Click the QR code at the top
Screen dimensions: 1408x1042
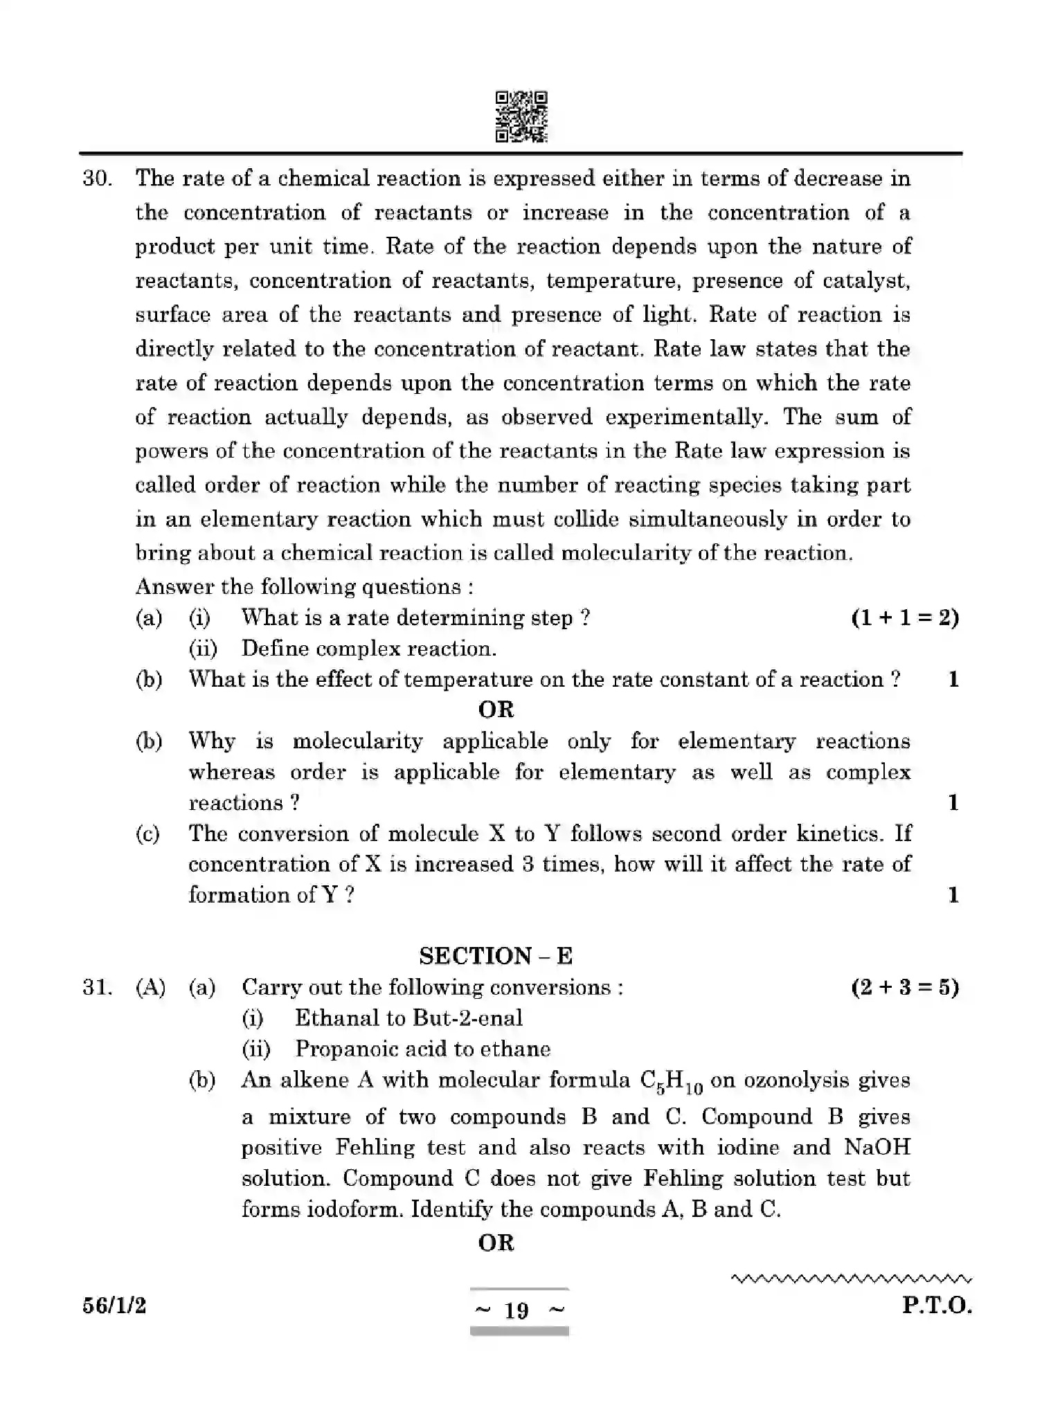521,117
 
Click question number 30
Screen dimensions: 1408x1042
97,179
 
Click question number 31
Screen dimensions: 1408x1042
97,987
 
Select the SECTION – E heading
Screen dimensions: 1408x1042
496,956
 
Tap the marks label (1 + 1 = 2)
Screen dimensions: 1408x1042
904,617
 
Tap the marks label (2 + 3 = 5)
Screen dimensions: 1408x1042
904,987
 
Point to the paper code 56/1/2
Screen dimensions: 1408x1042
114,1306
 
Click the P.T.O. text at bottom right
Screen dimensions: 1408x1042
936,1306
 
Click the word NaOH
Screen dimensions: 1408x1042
877,1147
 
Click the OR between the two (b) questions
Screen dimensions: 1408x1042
496,710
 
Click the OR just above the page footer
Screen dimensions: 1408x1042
496,1243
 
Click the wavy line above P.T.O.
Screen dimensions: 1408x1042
851,1279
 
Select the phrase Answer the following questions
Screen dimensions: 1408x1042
304,587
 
